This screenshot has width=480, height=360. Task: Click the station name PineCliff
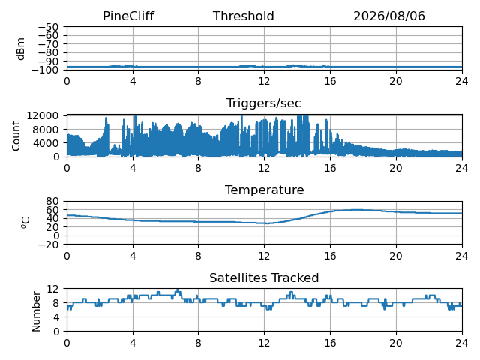(128, 16)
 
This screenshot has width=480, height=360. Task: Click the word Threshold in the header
(243, 16)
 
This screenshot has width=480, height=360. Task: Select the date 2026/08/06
(389, 16)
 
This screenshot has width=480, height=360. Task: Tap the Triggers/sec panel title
(264, 103)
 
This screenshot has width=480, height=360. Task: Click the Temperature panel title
(265, 190)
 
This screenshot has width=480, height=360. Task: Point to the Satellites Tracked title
(264, 277)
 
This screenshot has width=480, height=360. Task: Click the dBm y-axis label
(20, 49)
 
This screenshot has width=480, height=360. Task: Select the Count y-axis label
(16, 136)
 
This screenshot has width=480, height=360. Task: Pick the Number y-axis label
(36, 311)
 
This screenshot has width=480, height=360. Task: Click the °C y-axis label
(25, 223)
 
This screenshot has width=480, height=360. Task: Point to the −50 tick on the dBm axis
(48, 27)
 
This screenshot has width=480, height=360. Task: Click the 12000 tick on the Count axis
(43, 115)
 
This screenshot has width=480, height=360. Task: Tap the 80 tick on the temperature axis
(52, 201)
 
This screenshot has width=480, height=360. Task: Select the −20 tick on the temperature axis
(48, 244)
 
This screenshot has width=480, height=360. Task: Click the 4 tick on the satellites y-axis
(55, 317)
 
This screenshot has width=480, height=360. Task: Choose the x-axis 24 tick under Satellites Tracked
(462, 343)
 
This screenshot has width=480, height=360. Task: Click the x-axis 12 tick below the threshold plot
(264, 81)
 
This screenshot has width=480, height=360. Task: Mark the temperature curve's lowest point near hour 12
(268, 223)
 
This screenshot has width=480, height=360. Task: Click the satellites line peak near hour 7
(178, 290)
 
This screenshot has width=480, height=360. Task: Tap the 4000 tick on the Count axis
(46, 143)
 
